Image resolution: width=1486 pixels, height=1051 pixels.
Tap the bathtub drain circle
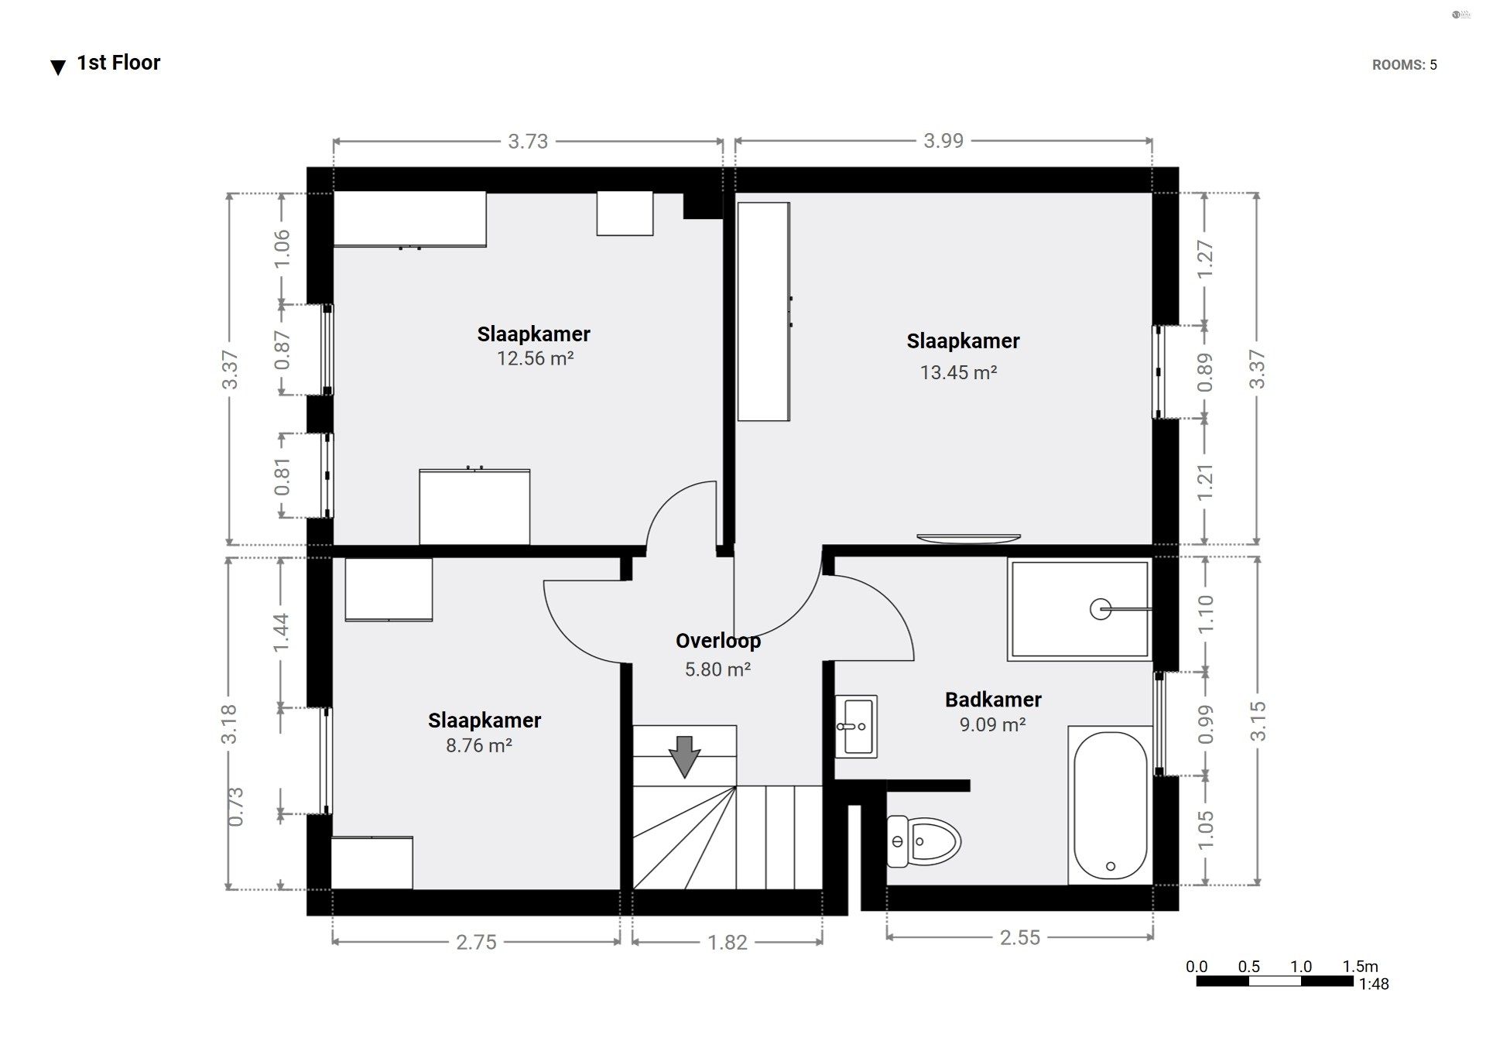(x=1111, y=866)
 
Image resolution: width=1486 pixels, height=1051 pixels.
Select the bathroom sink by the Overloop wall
(x=856, y=726)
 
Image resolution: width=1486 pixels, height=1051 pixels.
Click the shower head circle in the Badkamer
(x=1100, y=609)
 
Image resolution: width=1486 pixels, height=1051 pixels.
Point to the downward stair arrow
(x=684, y=756)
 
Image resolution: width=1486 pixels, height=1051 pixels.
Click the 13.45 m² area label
(x=958, y=372)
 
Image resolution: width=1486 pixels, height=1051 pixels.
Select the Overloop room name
(x=718, y=641)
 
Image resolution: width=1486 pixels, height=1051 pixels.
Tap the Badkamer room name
(x=993, y=700)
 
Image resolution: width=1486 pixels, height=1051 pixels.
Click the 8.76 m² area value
(x=479, y=745)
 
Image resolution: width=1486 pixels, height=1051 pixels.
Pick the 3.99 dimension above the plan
(x=943, y=141)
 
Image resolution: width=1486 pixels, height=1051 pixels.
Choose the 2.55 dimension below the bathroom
(x=1020, y=937)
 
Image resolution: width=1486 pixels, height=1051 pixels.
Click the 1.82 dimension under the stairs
(x=728, y=942)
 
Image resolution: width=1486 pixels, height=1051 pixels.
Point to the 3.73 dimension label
(x=528, y=141)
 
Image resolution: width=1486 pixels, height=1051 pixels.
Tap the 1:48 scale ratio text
(x=1374, y=984)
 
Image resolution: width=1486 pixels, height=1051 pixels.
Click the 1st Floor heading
(x=118, y=63)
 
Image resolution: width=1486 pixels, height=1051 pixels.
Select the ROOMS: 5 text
(x=1405, y=65)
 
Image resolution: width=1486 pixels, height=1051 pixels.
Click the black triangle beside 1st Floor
(x=58, y=67)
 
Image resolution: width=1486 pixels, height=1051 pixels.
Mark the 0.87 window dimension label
(x=282, y=350)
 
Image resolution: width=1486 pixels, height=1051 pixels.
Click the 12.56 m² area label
(x=535, y=358)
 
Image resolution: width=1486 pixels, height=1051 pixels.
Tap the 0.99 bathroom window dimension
(x=1205, y=724)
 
